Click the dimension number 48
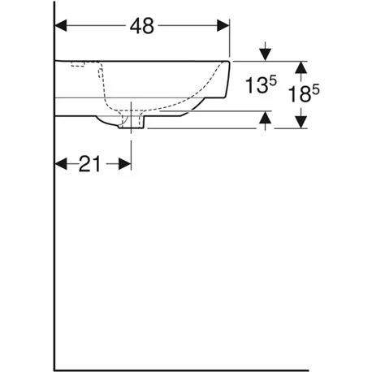142,26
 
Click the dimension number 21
89,164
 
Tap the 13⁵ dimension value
261,84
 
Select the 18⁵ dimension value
304,93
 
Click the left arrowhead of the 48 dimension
61,26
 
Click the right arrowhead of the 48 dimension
223,26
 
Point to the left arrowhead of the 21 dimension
61,164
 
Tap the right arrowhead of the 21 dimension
125,164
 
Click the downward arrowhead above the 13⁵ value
266,55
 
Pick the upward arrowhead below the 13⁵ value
266,117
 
